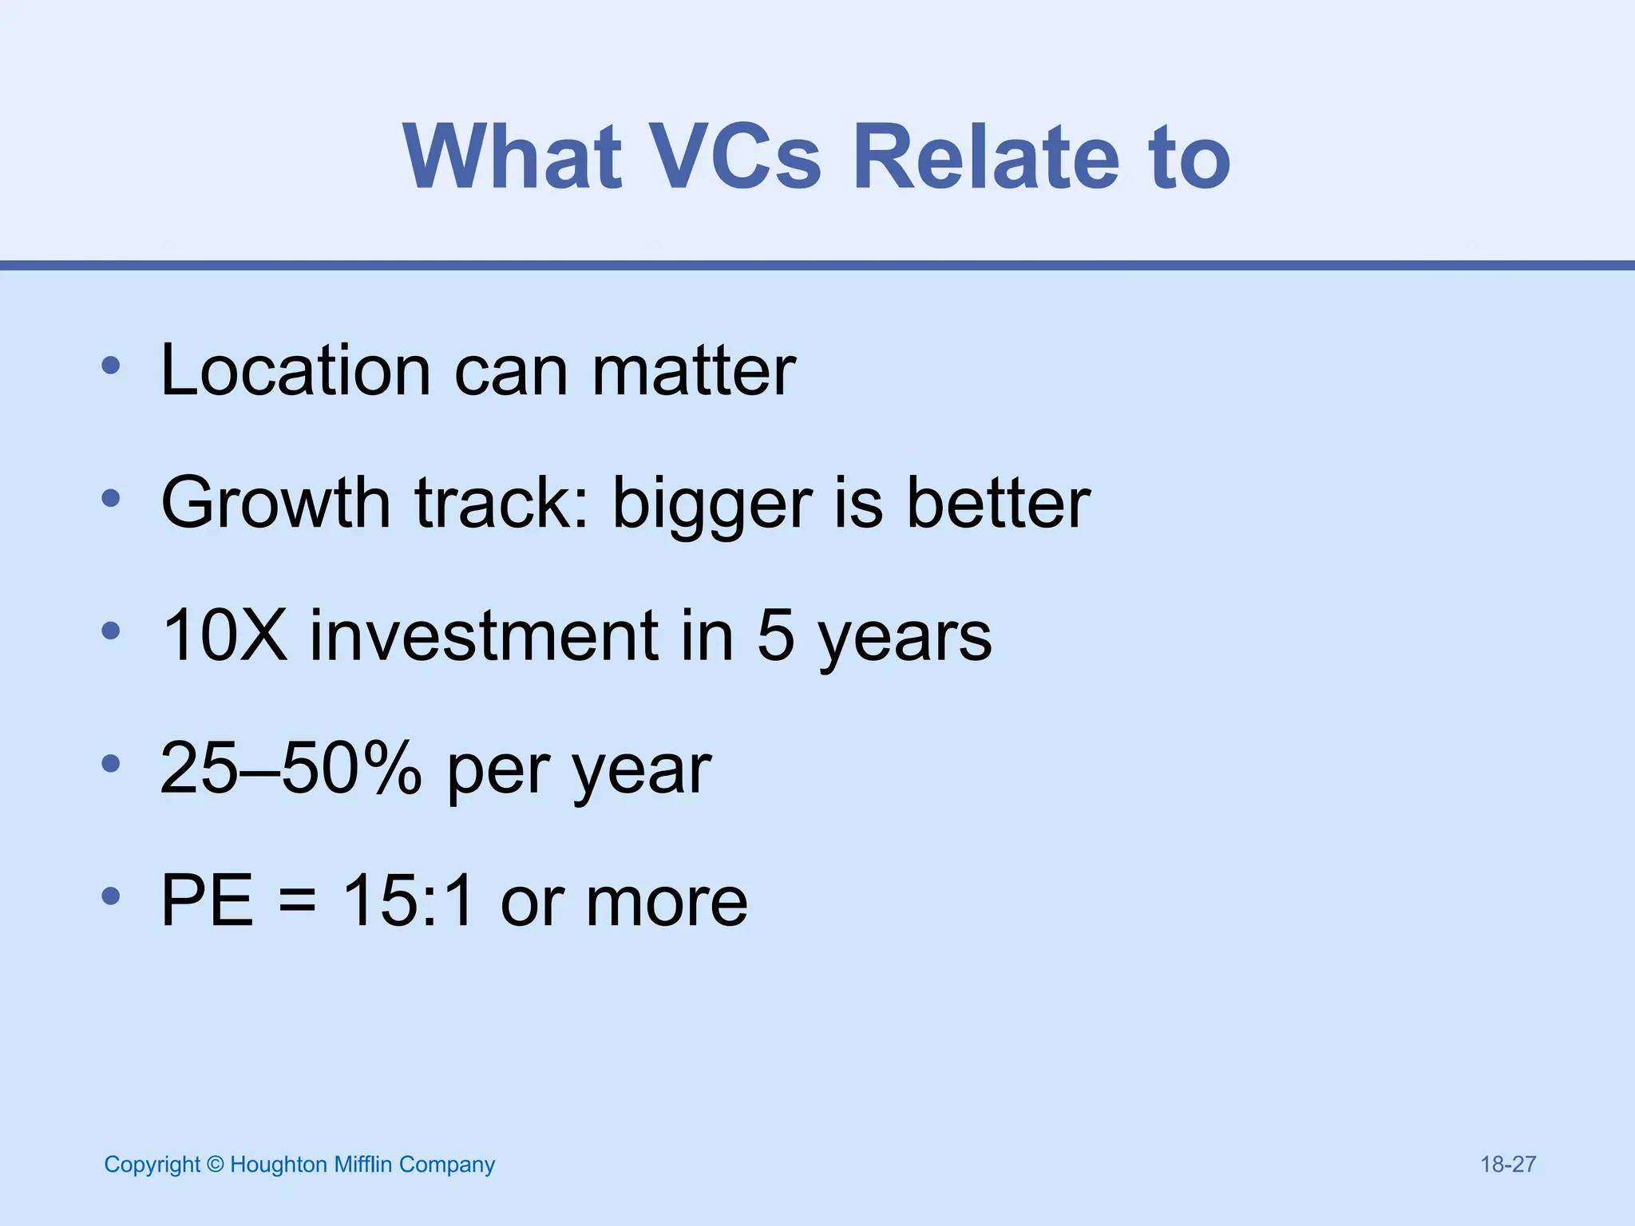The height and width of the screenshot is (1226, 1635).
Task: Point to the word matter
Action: [x=694, y=372]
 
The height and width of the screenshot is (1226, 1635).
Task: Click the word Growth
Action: [x=275, y=503]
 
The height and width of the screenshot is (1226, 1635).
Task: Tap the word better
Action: [x=999, y=503]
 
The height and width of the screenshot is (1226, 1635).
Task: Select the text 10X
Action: [x=224, y=635]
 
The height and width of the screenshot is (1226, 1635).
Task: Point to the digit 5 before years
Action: [x=775, y=635]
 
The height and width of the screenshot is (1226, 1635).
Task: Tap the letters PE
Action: [x=207, y=900]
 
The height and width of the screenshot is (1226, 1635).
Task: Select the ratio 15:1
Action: [x=408, y=900]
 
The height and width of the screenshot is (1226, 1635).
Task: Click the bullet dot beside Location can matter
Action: [x=111, y=366]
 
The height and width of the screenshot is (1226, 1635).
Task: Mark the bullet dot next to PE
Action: [x=111, y=896]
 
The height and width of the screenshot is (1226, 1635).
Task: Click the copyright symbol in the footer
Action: [x=215, y=1165]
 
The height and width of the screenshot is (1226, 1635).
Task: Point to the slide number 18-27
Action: [x=1507, y=1165]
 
